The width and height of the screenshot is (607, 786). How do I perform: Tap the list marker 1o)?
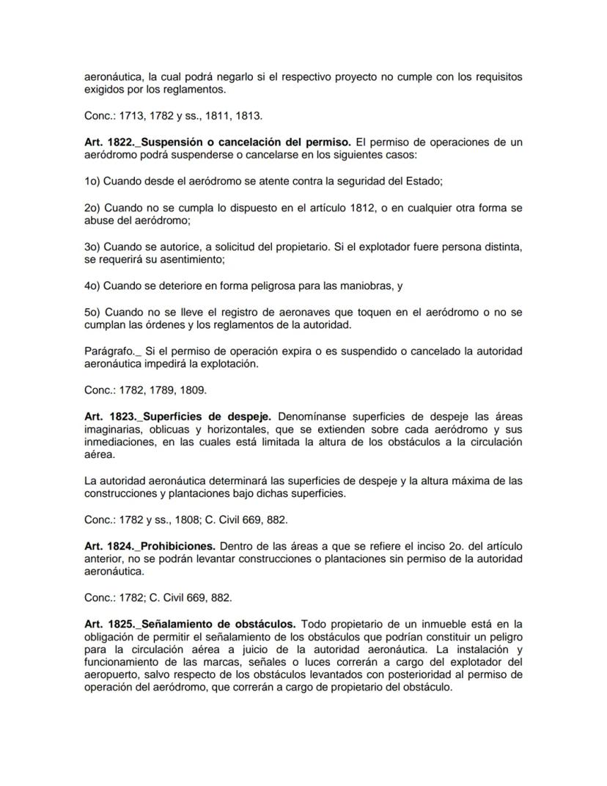94,181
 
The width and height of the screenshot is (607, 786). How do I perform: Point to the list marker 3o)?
94,247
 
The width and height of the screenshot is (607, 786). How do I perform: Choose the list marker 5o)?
94,313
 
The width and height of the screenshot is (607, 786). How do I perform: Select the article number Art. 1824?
108,546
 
